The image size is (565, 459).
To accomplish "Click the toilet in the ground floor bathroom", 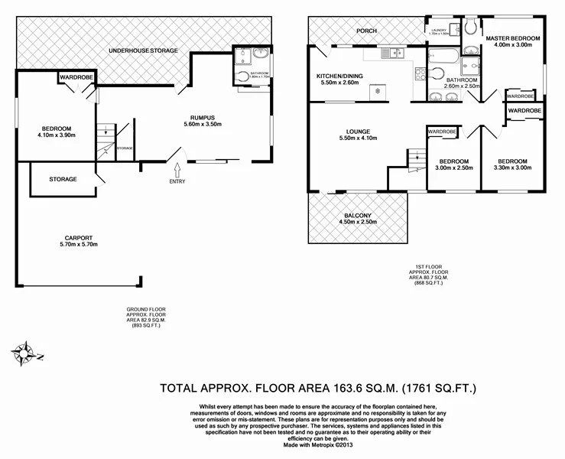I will point(243,75).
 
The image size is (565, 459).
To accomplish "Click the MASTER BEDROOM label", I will point(513,38).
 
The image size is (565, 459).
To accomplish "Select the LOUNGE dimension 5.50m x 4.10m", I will point(358,138).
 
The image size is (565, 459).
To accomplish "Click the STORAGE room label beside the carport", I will point(63,179).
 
